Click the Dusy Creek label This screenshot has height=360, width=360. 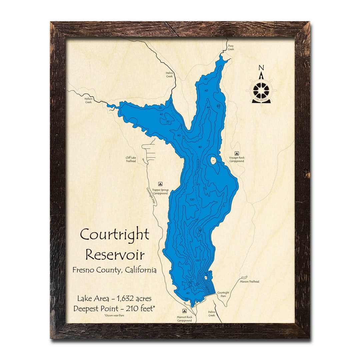coord(231,48)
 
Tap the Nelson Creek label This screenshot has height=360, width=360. coord(88,100)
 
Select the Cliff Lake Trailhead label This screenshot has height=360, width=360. coord(131,159)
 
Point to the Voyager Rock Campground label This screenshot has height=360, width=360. coord(237,159)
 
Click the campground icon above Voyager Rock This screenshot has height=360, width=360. coord(237,153)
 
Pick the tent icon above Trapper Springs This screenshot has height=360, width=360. coord(160,184)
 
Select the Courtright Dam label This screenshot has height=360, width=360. coord(223,294)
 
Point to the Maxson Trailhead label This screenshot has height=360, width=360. coord(249,282)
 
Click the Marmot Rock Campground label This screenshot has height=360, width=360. coord(184,319)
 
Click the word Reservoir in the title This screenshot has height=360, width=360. coord(115,255)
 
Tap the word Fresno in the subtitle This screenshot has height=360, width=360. coord(84,270)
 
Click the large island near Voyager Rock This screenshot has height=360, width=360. coord(213,161)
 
